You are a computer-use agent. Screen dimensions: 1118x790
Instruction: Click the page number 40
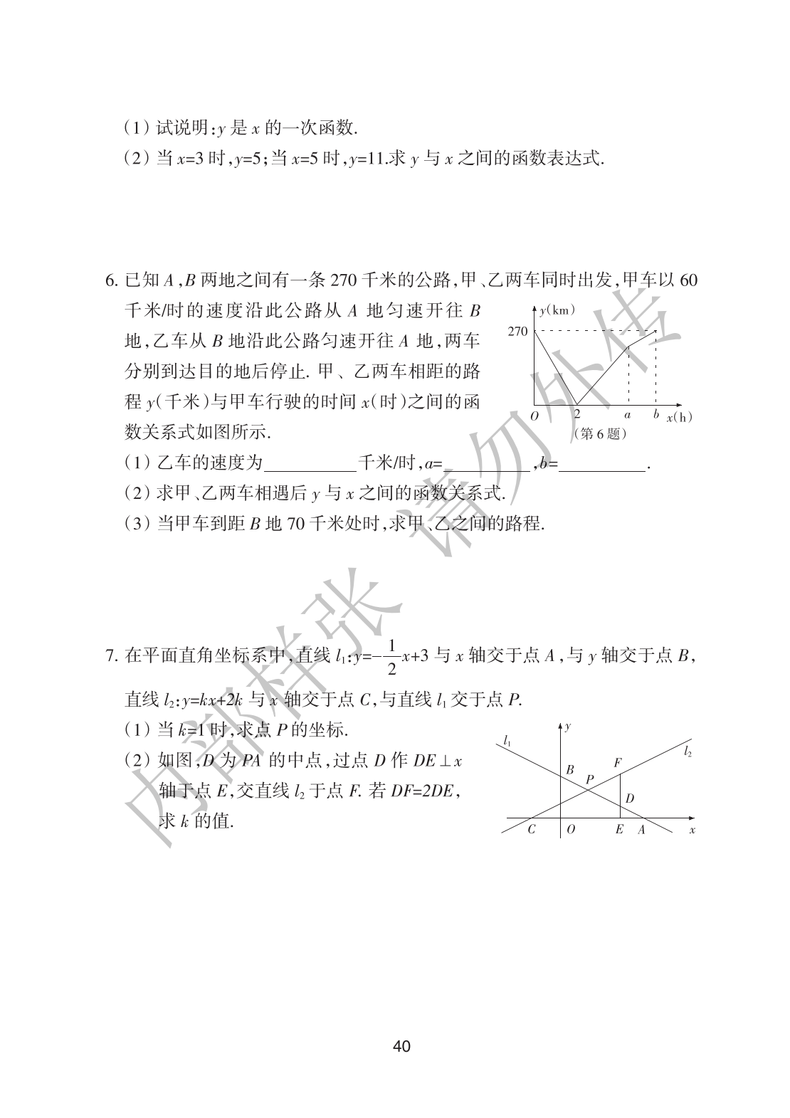point(401,1047)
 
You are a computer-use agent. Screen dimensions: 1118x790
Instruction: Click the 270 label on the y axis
point(518,331)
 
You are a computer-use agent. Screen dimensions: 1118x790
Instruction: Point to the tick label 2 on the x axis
point(577,413)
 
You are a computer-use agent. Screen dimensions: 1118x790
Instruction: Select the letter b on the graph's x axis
point(655,413)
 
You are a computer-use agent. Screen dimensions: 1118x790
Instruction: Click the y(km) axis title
point(557,310)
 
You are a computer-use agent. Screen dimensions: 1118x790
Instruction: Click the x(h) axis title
point(680,417)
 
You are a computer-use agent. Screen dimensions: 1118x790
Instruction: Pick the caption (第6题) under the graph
point(600,433)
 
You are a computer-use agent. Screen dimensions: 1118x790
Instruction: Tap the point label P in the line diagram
point(589,779)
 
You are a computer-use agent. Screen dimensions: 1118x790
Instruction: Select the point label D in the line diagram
point(630,799)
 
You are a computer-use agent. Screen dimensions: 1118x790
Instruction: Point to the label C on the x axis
point(531,830)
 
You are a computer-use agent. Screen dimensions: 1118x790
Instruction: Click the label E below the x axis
point(619,830)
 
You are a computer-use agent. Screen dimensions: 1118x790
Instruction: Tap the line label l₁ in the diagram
point(506,741)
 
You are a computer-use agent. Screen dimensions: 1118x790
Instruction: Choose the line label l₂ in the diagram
point(688,750)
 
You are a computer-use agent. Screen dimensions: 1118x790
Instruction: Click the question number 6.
point(111,280)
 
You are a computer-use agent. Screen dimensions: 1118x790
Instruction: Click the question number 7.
point(111,655)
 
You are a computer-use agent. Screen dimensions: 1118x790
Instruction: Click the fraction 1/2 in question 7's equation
point(391,655)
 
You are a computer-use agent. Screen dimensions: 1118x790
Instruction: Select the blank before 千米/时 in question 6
point(310,464)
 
